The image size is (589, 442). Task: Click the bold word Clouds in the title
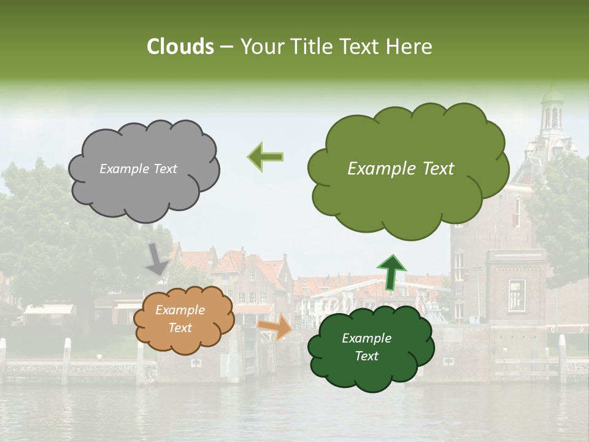click(x=181, y=47)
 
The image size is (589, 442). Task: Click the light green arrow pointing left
click(x=265, y=157)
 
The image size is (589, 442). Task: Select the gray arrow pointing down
click(x=157, y=258)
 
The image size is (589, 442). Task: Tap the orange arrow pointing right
click(x=275, y=327)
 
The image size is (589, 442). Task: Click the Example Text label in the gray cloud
click(x=138, y=169)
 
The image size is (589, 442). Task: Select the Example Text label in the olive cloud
click(x=401, y=169)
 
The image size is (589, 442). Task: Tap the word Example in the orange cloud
click(x=180, y=310)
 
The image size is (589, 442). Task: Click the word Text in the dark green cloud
click(x=367, y=356)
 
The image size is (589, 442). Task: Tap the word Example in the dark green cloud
click(x=366, y=338)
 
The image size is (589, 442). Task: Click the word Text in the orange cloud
click(x=180, y=328)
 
